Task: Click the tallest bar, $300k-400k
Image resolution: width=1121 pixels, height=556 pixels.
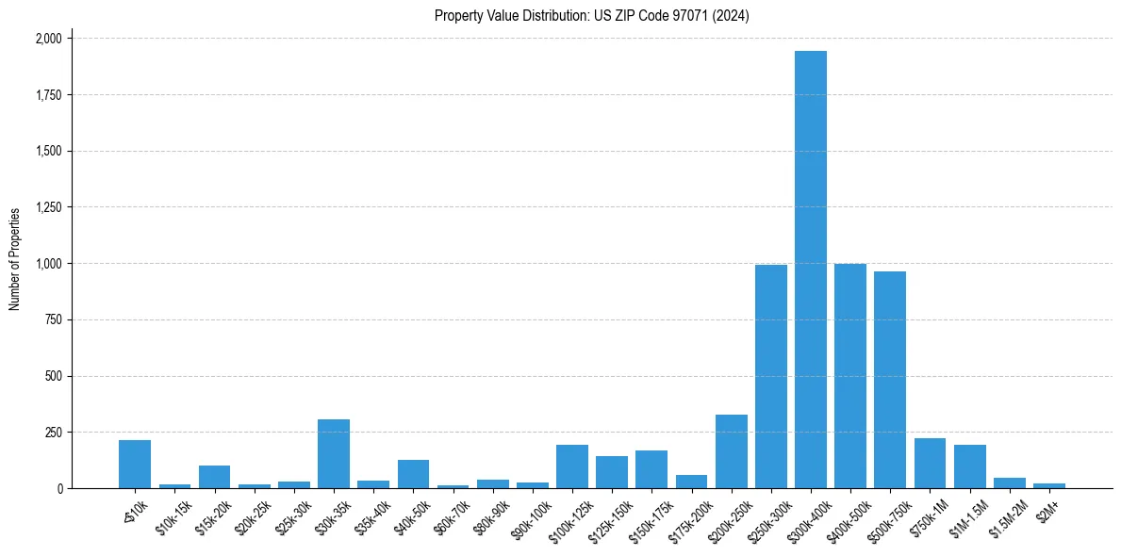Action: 810,270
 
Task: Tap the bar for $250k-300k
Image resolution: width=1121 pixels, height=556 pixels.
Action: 770,377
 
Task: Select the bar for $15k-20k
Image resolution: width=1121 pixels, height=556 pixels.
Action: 214,477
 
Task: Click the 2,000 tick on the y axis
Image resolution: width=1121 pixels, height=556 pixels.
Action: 48,39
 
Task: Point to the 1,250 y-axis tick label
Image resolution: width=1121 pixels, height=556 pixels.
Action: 48,207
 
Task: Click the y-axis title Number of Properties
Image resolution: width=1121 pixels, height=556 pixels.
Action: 15,259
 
